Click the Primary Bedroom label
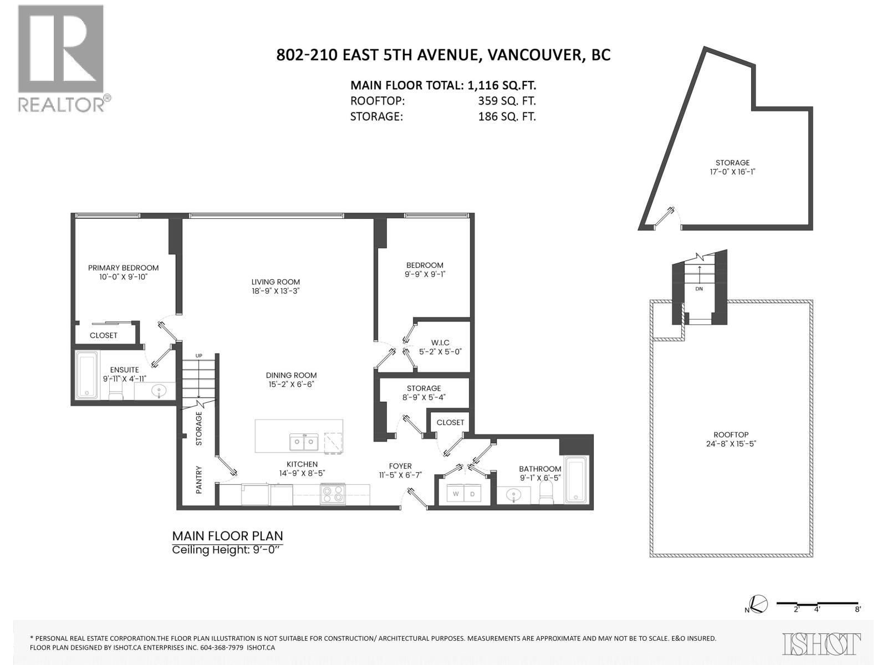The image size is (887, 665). pyautogui.click(x=123, y=268)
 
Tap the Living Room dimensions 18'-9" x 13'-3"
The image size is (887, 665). pyautogui.click(x=276, y=290)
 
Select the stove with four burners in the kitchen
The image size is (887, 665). pyautogui.click(x=333, y=493)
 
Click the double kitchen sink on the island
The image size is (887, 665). pyautogui.click(x=303, y=442)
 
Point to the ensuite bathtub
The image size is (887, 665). pyautogui.click(x=87, y=375)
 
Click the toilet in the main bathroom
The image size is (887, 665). pyautogui.click(x=546, y=493)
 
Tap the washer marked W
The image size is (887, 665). pyautogui.click(x=456, y=493)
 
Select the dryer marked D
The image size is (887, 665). pyautogui.click(x=472, y=493)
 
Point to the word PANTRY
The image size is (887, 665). pyautogui.click(x=199, y=480)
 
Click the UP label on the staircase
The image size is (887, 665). pyautogui.click(x=198, y=356)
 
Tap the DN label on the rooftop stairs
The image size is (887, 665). pyautogui.click(x=699, y=289)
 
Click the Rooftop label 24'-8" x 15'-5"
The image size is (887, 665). pyautogui.click(x=731, y=439)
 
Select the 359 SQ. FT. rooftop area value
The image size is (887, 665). pyautogui.click(x=507, y=101)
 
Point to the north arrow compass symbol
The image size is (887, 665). pyautogui.click(x=758, y=604)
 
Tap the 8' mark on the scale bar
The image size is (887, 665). pyautogui.click(x=858, y=609)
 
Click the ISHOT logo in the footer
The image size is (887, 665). pyautogui.click(x=821, y=644)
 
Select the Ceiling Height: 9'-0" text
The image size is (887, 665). pyautogui.click(x=227, y=550)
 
